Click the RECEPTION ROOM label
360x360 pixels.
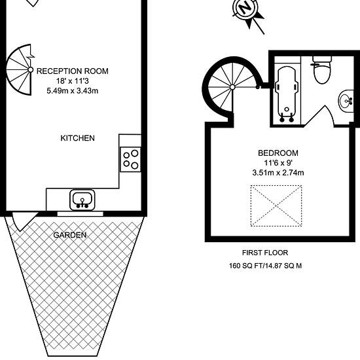click(72, 71)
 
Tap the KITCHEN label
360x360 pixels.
click(78, 138)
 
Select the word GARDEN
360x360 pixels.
click(70, 235)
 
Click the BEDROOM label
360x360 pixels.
click(278, 153)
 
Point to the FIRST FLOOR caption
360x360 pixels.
click(265, 253)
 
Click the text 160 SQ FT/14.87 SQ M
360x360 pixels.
click(265, 266)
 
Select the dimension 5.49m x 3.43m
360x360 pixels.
click(72, 91)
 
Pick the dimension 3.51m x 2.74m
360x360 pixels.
click(278, 172)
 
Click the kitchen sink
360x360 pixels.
click(82, 200)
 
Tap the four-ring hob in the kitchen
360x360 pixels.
click(130, 159)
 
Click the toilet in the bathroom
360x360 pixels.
click(322, 70)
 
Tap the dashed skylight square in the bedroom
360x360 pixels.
click(276, 206)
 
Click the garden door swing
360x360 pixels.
click(24, 221)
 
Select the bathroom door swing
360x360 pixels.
click(319, 116)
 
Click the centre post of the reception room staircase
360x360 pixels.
click(30, 69)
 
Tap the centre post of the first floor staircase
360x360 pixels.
click(232, 87)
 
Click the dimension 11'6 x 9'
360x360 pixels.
click(278, 163)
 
